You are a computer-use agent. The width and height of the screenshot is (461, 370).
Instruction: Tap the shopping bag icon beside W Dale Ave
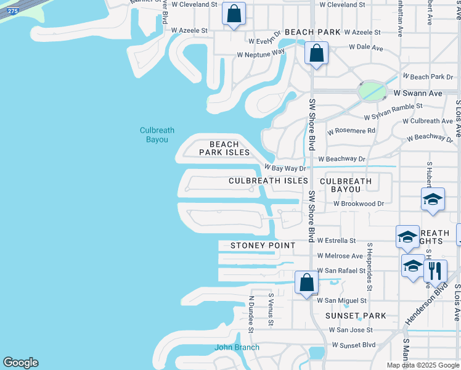[316, 53]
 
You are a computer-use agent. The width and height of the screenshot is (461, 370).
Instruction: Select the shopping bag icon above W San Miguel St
[306, 283]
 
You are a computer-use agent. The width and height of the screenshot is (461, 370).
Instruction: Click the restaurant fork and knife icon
[435, 271]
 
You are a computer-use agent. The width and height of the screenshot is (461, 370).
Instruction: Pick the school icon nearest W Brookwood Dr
[433, 199]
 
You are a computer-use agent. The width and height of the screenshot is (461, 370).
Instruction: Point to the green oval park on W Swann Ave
[372, 92]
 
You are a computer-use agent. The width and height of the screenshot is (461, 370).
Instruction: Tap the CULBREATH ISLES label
[268, 181]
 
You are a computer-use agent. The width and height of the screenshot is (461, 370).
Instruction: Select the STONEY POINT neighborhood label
[263, 245]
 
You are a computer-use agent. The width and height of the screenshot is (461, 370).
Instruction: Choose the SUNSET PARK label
[356, 316]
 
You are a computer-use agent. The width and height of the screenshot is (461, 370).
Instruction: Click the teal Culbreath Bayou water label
[157, 134]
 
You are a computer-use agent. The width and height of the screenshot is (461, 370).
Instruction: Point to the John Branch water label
[237, 347]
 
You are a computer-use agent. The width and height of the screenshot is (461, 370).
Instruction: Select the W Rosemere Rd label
[351, 131]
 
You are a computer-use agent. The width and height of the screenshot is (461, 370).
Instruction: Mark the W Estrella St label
[337, 240]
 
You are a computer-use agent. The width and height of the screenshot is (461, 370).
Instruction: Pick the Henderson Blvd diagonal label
[425, 304]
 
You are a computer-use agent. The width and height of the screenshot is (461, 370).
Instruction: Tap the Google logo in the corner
[20, 363]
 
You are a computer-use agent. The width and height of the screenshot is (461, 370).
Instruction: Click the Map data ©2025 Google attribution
[422, 365]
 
